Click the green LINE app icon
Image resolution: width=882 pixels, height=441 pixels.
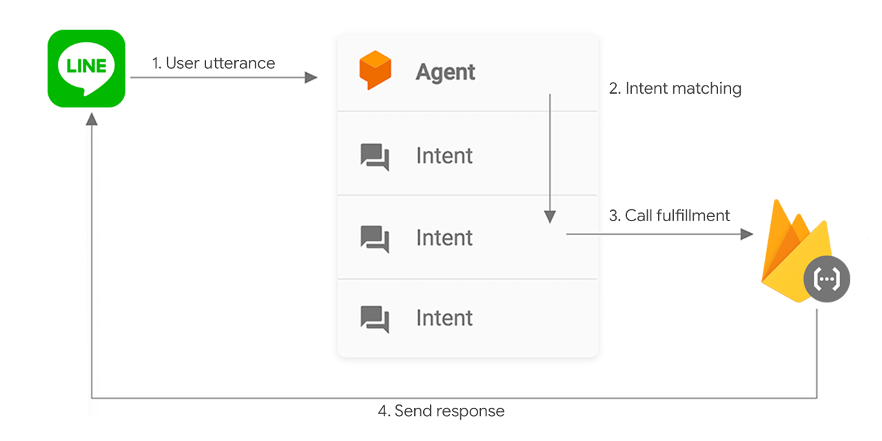point(86,68)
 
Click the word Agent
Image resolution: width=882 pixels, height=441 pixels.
point(445,72)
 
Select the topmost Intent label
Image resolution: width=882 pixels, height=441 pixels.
point(444,156)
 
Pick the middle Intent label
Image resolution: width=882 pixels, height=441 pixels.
point(444,238)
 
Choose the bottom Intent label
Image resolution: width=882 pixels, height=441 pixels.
point(444,318)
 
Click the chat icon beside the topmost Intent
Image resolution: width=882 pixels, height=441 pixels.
point(375,156)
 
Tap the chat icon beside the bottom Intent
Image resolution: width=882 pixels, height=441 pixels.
point(375,318)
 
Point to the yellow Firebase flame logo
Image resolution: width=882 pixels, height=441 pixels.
point(792,248)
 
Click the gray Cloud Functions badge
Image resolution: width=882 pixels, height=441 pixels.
point(827,280)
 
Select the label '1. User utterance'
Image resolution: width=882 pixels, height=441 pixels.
point(214,63)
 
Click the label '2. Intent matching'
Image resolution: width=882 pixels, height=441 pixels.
point(675,88)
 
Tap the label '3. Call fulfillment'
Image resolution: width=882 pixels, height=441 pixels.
point(669,216)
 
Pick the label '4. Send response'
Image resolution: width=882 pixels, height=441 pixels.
point(441,411)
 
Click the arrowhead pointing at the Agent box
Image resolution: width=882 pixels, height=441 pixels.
point(311,78)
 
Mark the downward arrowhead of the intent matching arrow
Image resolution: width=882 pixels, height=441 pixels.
point(550,217)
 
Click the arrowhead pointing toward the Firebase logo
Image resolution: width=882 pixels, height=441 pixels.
point(746,234)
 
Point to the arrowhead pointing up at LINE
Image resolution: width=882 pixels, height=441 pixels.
point(92,119)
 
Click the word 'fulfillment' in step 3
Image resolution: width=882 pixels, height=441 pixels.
point(694,216)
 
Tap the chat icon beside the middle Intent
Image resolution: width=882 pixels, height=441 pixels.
point(375,238)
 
